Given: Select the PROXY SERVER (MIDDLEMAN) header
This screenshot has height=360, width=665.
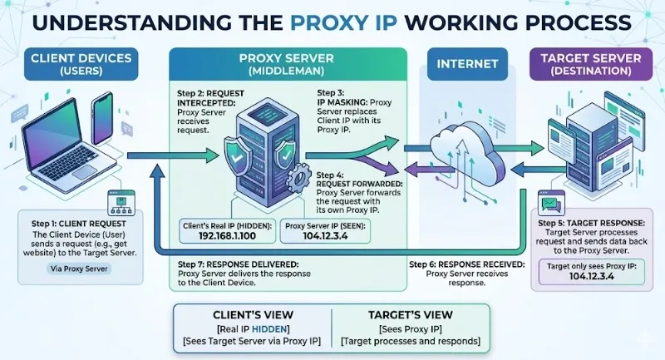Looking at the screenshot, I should (x=288, y=65).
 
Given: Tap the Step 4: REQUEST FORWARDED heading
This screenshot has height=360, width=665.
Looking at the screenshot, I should (x=357, y=180).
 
